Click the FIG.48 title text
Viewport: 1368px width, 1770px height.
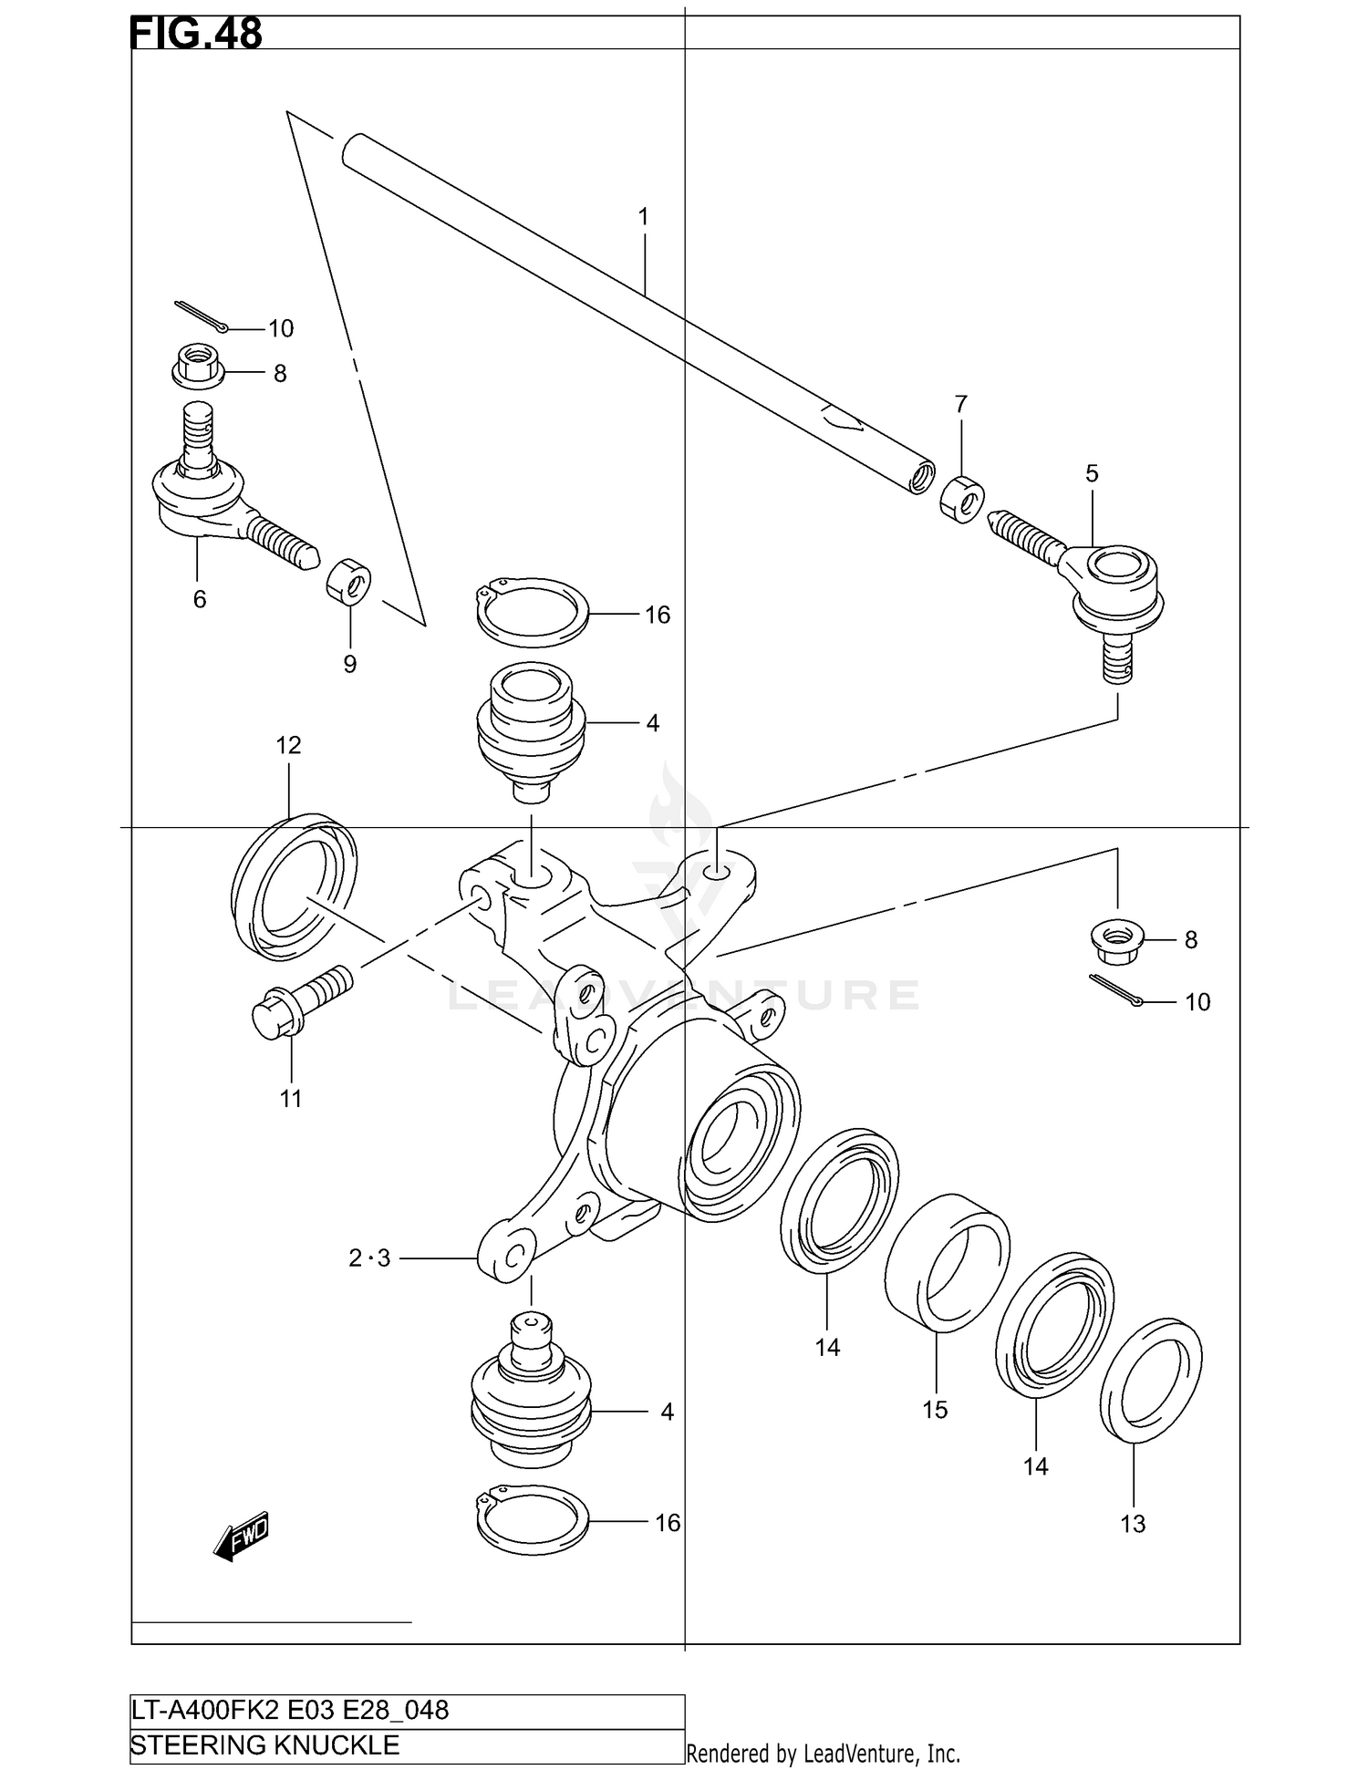[196, 33]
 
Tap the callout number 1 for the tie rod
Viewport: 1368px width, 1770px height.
[643, 217]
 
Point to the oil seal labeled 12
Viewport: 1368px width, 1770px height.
[294, 886]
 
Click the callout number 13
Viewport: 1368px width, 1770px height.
[1132, 1524]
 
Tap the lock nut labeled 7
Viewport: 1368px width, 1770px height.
[961, 500]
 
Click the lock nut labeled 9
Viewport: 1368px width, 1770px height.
[348, 582]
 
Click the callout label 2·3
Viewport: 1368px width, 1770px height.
[369, 1258]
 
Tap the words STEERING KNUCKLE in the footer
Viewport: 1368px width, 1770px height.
[265, 1745]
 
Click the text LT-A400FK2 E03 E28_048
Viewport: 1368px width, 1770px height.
[290, 1710]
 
